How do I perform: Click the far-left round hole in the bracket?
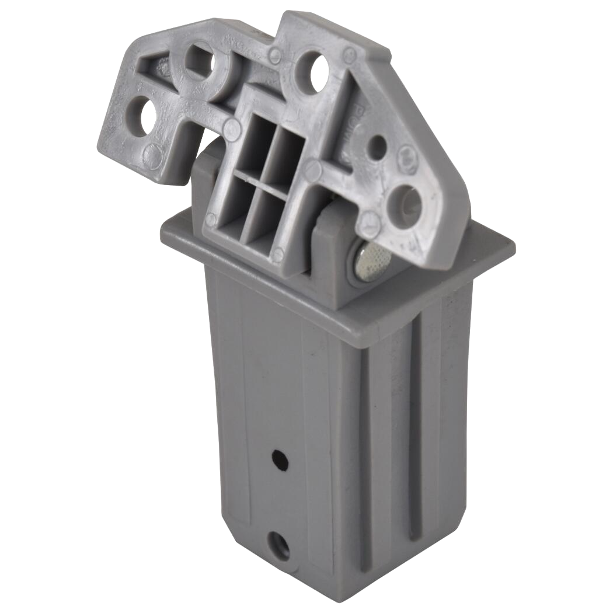(147, 111)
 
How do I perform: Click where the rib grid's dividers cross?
(259, 177)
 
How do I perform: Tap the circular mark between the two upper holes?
(275, 55)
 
